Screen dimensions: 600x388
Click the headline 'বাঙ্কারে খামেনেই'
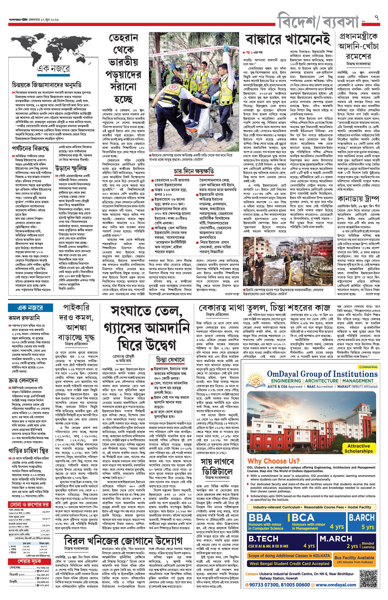point(288,39)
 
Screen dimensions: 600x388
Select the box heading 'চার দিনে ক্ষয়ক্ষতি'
point(194,171)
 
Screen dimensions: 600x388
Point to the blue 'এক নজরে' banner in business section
point(30,308)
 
